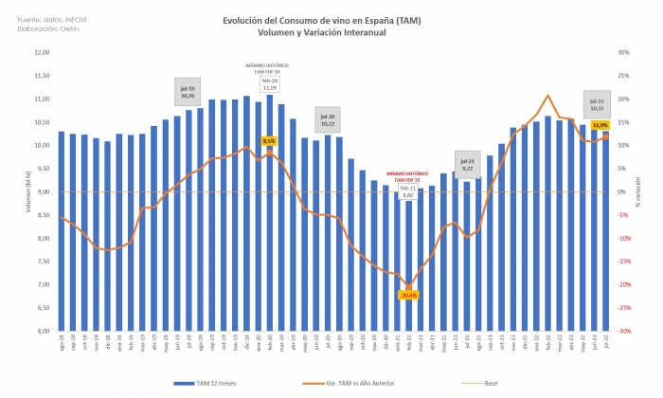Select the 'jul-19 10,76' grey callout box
point(187,91)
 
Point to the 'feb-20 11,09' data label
point(271,84)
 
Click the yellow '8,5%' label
point(268,140)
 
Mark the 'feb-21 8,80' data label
point(407,192)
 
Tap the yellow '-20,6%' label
point(409,295)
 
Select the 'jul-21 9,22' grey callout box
point(468,163)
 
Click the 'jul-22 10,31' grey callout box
point(597,106)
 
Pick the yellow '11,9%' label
point(600,125)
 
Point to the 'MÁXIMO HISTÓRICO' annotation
point(262,68)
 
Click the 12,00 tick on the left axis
point(42,53)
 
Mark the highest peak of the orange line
point(548,96)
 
